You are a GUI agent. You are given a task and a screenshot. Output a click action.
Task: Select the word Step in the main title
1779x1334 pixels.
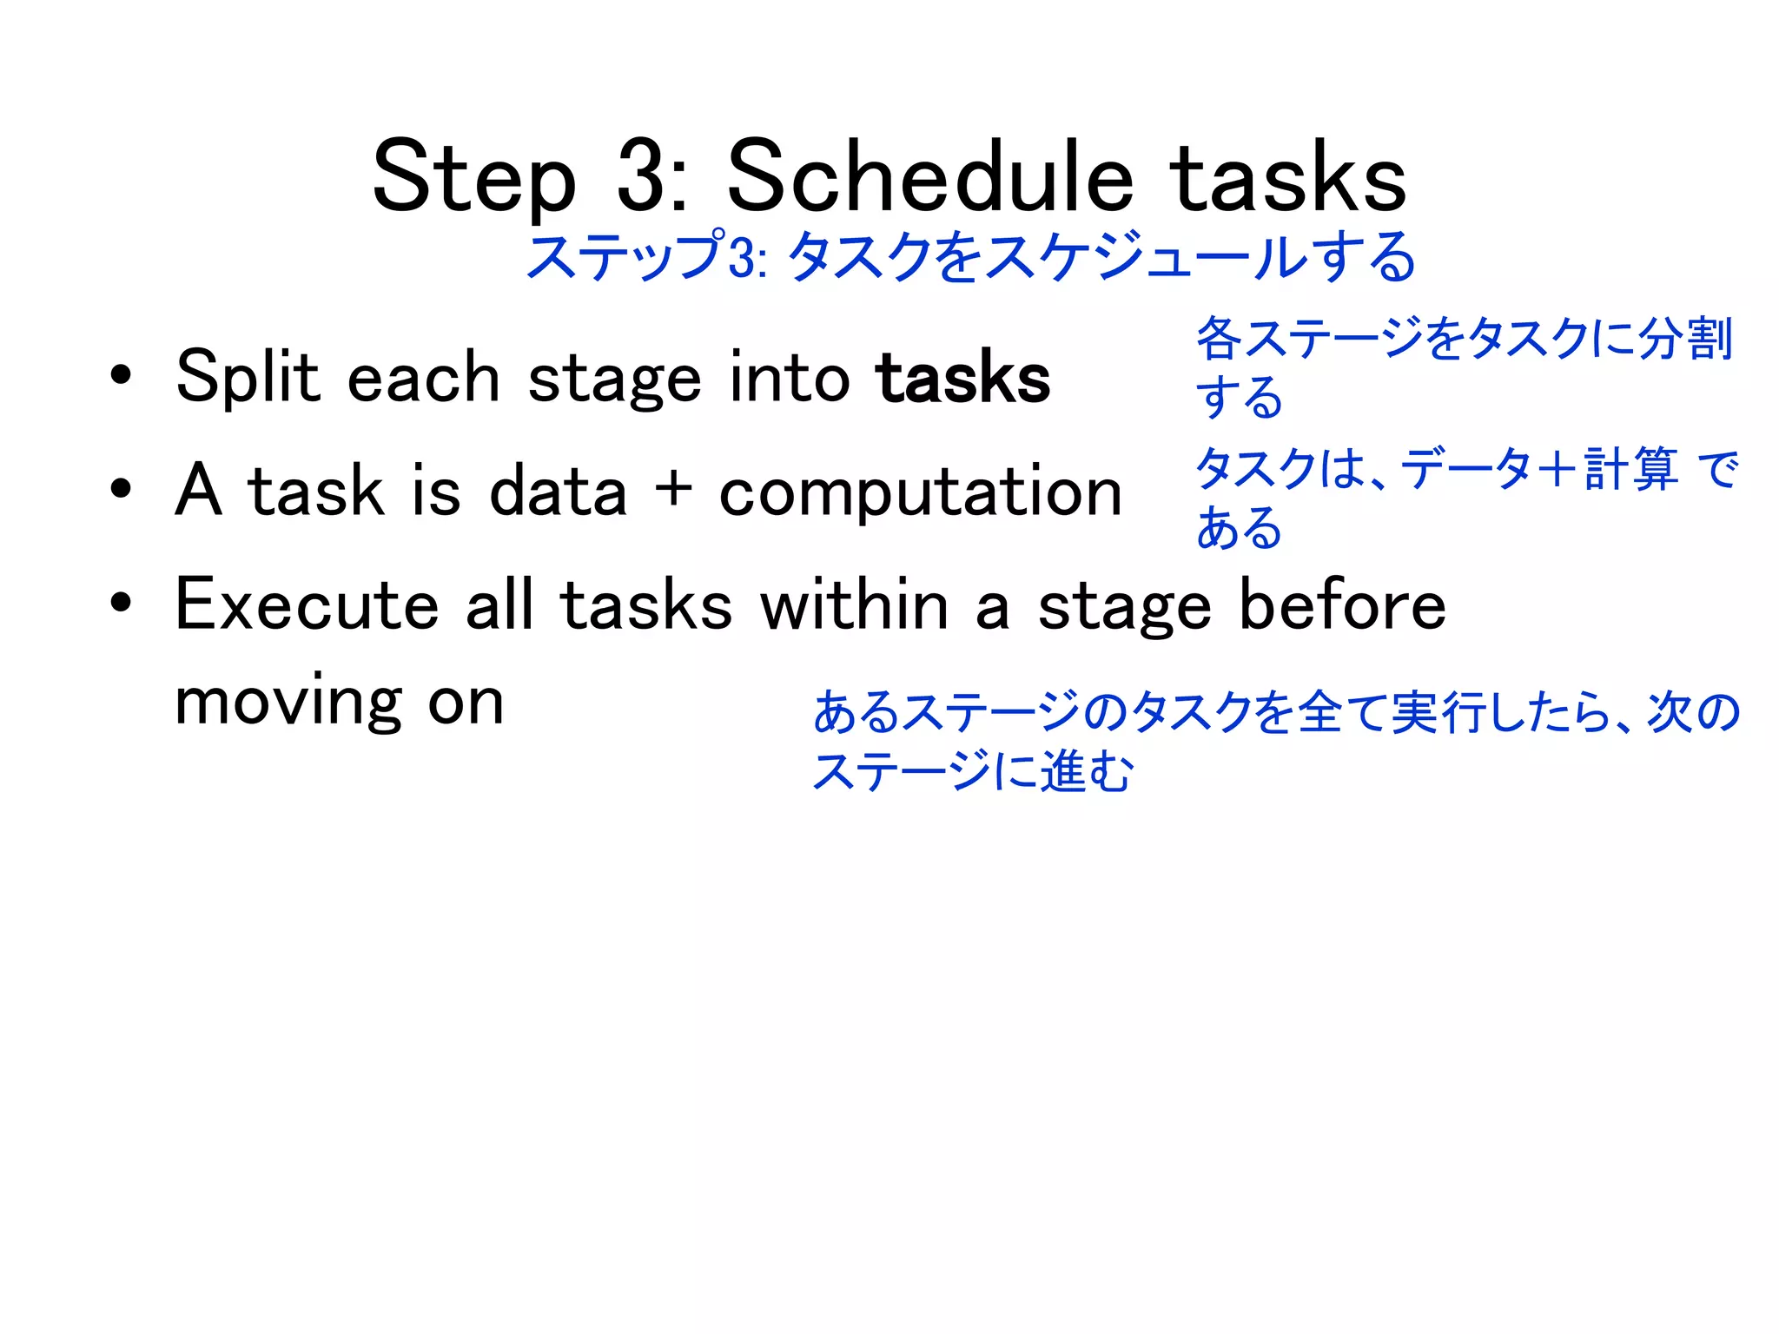[x=474, y=178]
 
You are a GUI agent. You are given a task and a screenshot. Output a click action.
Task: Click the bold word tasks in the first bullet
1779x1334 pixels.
[x=963, y=378]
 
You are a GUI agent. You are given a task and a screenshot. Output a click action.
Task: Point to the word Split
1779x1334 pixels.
[x=248, y=379]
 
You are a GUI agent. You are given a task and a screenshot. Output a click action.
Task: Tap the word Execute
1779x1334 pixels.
[x=307, y=604]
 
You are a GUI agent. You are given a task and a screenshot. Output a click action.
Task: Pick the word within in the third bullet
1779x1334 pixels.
[x=854, y=604]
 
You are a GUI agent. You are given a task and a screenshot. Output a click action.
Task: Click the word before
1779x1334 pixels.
[x=1342, y=604]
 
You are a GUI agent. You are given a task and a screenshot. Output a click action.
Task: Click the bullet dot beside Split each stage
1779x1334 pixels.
[x=121, y=375]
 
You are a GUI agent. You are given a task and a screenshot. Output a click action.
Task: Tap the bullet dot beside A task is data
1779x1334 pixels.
[x=121, y=489]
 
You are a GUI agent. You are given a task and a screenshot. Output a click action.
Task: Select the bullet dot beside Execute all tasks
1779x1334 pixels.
[x=121, y=603]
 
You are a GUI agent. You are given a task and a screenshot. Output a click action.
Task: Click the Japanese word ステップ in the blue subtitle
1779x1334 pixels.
[x=625, y=256]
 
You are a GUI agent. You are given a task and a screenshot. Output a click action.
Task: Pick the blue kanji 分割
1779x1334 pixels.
[x=1685, y=338]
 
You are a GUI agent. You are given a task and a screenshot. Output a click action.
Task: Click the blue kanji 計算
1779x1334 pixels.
[x=1631, y=469]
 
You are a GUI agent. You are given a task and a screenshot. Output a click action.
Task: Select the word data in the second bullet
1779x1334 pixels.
[x=558, y=492]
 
